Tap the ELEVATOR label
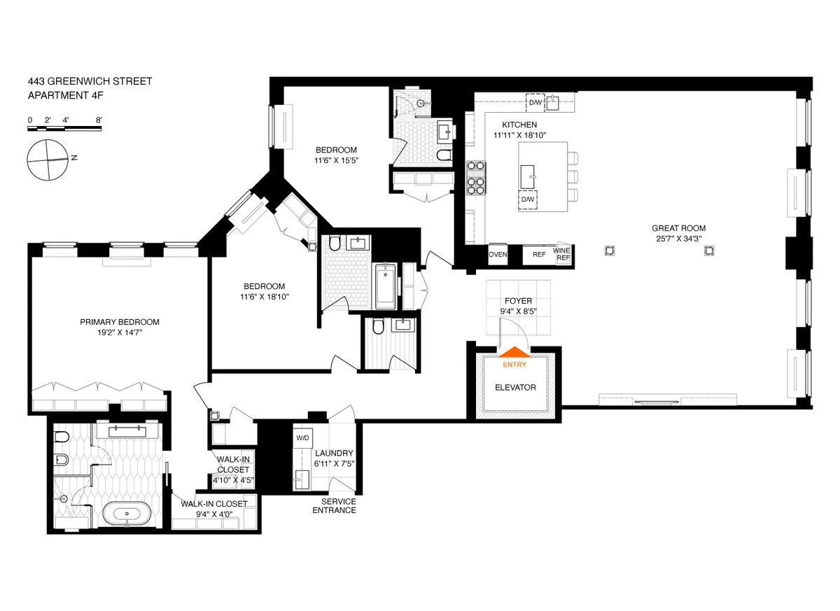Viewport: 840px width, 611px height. [515, 387]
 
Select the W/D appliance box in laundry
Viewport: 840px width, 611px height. [302, 437]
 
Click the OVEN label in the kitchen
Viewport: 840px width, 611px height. [498, 255]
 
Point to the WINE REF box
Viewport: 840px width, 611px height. [562, 254]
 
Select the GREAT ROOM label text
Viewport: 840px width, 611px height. [678, 228]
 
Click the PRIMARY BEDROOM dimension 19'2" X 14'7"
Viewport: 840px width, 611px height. [120, 334]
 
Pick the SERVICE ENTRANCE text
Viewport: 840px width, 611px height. [339, 506]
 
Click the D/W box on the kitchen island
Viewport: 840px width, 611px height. [527, 199]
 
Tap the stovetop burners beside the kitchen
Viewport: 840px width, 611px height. [476, 178]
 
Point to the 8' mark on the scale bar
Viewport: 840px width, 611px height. [99, 120]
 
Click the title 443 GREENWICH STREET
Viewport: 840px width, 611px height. [90, 82]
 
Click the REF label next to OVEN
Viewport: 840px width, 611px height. [538, 255]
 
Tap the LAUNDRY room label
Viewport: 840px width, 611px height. [334, 454]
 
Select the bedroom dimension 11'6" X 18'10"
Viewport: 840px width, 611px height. [264, 297]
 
